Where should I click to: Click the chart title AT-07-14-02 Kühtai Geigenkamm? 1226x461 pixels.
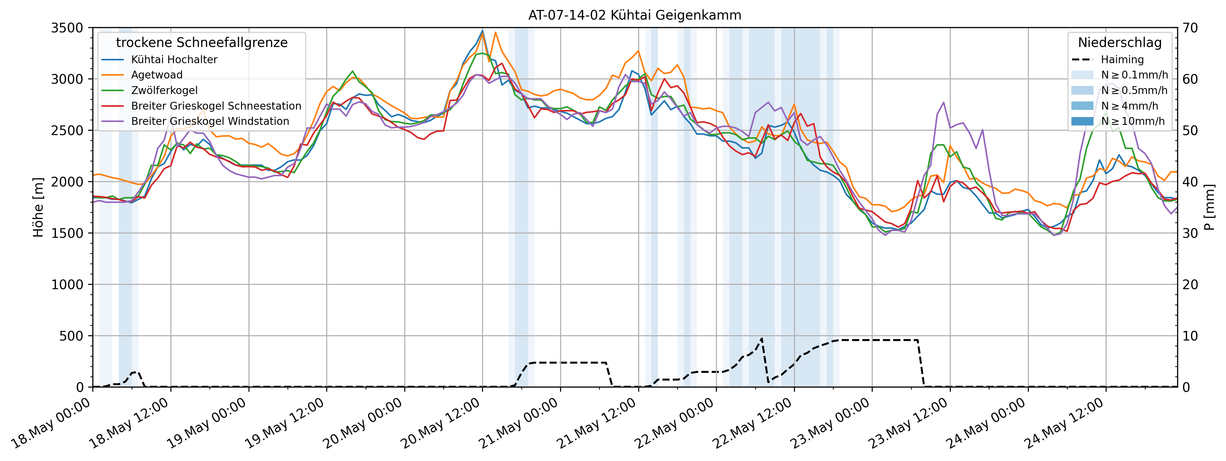click(634, 15)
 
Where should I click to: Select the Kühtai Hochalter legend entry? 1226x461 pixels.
click(174, 59)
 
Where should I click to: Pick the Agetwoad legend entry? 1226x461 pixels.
click(156, 75)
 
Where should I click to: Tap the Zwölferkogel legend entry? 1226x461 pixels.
click(164, 91)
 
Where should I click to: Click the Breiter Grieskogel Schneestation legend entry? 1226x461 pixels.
click(216, 106)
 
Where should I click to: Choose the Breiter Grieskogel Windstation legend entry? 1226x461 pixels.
click(210, 121)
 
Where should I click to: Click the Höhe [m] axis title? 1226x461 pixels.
click(38, 207)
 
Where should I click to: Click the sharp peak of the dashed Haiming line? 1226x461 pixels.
click(762, 339)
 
